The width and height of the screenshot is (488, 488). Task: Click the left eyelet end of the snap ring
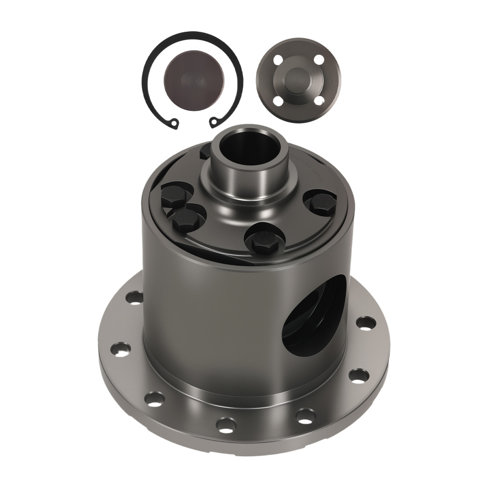click(x=173, y=125)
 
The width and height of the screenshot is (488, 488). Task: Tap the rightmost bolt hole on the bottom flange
click(x=366, y=323)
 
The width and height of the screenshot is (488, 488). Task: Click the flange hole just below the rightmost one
click(x=359, y=375)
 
